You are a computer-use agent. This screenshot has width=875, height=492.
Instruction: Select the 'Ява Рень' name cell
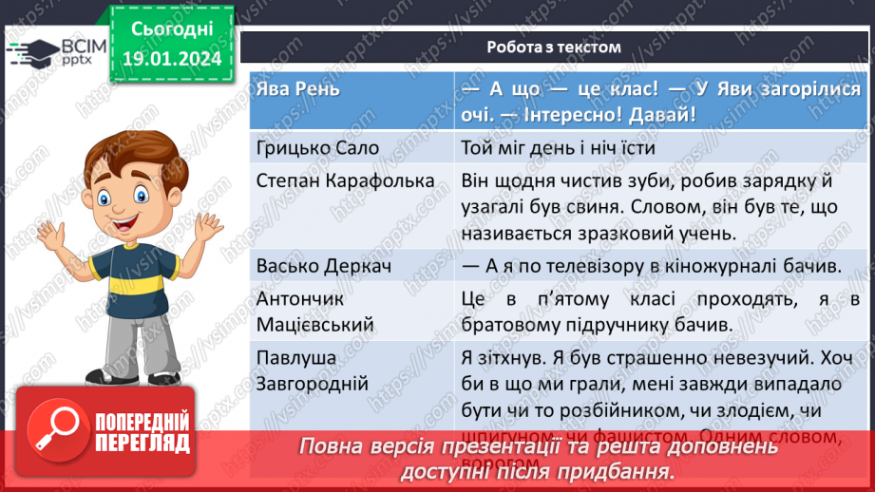[296, 89]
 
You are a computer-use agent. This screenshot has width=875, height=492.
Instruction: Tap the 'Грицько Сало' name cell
[316, 147]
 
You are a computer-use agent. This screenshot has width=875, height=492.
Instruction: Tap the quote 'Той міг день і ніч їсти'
[558, 147]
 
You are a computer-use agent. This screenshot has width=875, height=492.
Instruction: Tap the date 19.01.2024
[171, 59]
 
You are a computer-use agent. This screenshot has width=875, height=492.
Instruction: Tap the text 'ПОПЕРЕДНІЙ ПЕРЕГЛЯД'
[141, 432]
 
